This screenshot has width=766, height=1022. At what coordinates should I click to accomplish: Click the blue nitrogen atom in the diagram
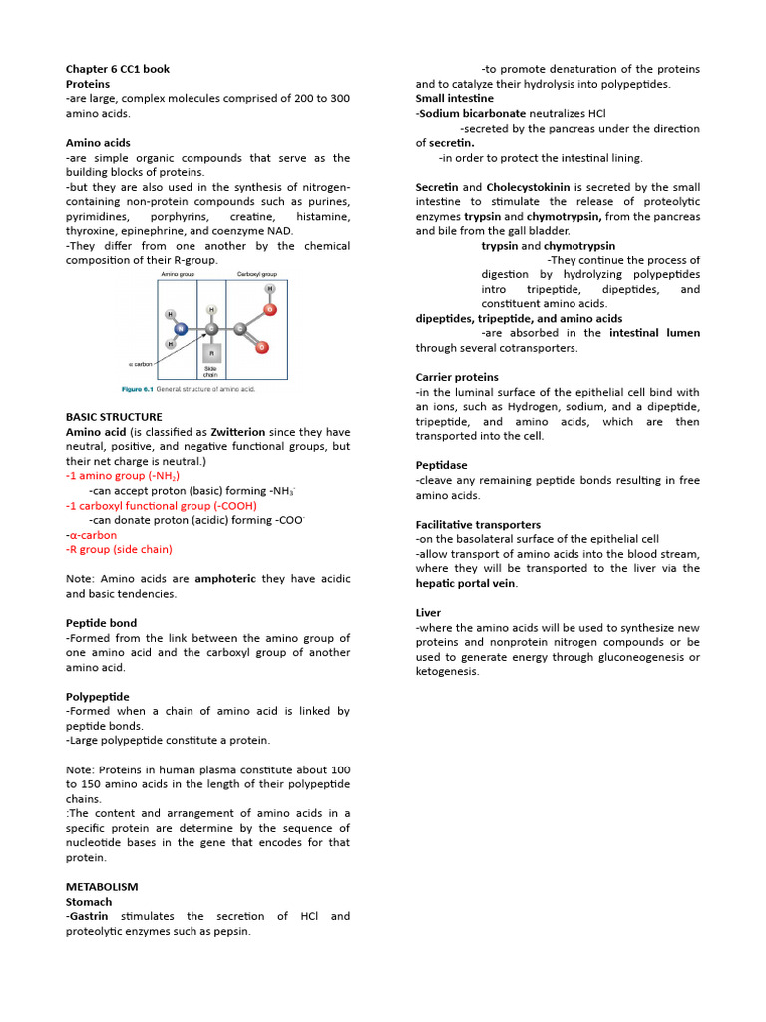(181, 327)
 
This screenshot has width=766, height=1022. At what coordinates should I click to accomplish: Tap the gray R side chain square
(211, 353)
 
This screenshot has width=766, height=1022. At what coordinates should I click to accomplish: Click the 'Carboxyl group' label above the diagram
(257, 273)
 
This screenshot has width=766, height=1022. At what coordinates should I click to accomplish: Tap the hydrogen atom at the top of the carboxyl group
(269, 289)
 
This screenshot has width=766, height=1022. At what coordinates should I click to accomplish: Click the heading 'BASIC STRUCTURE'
(114, 417)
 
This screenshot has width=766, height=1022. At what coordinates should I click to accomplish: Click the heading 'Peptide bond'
(101, 623)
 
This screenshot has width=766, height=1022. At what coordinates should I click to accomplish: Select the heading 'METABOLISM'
(102, 887)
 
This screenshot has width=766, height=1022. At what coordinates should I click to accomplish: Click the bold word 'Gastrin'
(89, 916)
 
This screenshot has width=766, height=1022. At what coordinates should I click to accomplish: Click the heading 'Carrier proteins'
(457, 377)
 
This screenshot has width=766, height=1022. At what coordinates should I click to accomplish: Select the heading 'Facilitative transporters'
(478, 524)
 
